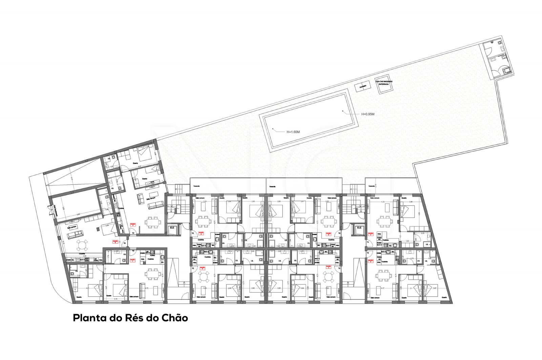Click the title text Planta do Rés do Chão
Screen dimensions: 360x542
[130, 319]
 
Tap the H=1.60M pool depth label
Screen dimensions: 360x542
[293, 132]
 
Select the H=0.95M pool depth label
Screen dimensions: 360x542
[368, 114]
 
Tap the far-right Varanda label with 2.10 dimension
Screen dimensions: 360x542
[372, 186]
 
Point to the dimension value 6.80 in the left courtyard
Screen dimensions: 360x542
[78, 214]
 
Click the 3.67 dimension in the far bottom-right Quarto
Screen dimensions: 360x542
[435, 288]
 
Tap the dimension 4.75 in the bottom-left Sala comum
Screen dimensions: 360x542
[147, 288]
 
